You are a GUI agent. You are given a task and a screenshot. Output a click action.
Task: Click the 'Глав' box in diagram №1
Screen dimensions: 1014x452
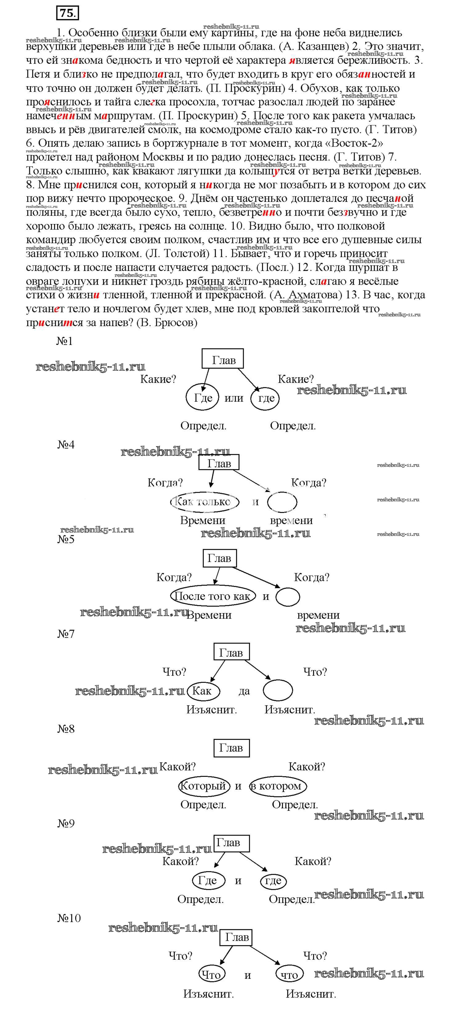pos(223,359)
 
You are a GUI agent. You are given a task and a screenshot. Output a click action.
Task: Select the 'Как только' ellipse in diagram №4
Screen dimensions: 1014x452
pos(204,502)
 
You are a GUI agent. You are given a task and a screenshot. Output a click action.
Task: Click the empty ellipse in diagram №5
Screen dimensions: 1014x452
pos(287,596)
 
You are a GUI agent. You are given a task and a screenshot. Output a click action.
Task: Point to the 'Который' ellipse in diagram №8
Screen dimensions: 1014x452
pos(203,786)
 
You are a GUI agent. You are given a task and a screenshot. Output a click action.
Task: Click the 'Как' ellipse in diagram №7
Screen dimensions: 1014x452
pos(203,691)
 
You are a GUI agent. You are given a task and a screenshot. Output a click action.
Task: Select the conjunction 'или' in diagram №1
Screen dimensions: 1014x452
pos(234,398)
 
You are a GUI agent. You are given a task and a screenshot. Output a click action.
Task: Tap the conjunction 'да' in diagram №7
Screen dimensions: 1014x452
pos(244,691)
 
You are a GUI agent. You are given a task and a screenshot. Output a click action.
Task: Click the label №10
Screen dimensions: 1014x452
pos(69,918)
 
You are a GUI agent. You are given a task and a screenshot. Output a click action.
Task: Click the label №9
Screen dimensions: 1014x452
pos(66,823)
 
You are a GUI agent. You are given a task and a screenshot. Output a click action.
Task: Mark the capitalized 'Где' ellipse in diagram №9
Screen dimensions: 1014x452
pos(208,881)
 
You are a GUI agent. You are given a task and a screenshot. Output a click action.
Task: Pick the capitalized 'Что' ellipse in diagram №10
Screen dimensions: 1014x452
pos(212,975)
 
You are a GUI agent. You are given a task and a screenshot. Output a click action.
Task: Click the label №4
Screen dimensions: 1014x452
pos(66,445)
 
